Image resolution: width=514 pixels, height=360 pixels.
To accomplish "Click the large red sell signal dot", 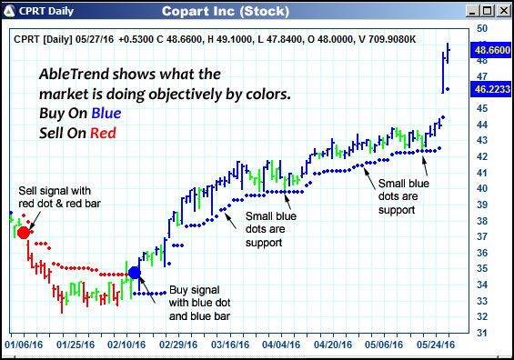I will (x=24, y=232).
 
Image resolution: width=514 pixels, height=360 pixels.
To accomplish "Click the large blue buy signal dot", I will (x=135, y=272).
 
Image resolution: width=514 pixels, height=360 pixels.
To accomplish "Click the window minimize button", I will (x=473, y=11).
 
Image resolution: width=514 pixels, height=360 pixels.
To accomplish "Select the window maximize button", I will (x=487, y=11).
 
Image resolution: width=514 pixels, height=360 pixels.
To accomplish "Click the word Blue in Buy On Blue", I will (x=115, y=114).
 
